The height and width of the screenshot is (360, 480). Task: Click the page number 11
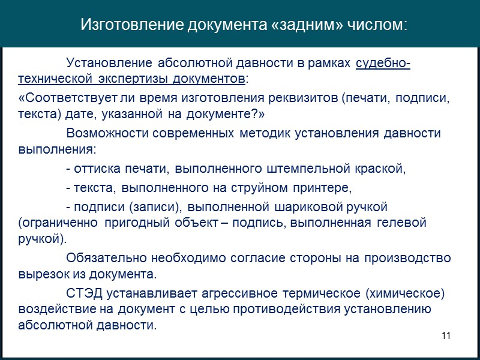445,335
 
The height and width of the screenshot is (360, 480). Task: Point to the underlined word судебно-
383,64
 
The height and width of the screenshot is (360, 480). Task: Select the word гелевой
403,223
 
